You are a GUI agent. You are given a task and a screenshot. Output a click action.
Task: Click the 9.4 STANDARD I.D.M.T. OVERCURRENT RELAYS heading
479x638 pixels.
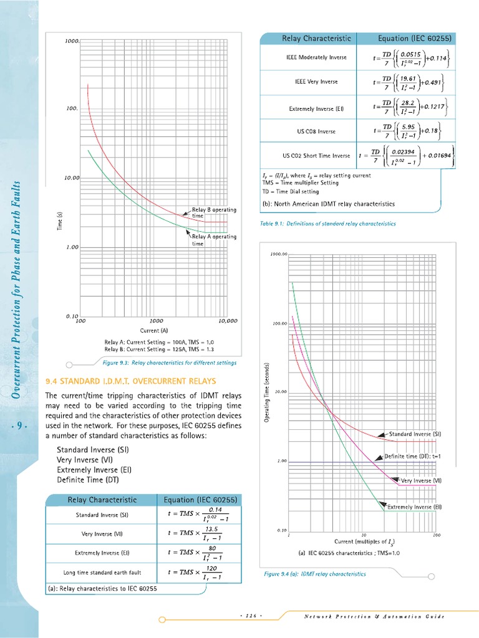(131, 381)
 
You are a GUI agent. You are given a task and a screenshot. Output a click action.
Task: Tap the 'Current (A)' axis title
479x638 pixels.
(154, 330)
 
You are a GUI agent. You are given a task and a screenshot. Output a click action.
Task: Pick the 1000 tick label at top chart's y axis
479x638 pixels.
(71, 42)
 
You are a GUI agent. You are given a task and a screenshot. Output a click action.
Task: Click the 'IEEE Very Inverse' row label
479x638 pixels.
(316, 82)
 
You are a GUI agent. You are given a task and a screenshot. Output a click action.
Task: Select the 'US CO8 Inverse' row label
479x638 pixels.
(316, 131)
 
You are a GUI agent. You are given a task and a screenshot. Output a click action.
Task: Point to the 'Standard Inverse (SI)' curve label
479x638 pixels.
(415, 434)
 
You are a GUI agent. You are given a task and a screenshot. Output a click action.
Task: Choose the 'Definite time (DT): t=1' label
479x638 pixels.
(413, 456)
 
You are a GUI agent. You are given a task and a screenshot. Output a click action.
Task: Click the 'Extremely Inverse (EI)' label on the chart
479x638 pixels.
(414, 507)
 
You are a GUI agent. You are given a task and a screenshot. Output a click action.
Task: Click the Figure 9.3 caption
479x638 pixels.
(168, 362)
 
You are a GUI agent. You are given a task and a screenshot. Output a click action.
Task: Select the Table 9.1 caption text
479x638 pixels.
(327, 223)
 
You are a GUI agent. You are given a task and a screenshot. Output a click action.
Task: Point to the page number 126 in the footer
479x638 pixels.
(251, 616)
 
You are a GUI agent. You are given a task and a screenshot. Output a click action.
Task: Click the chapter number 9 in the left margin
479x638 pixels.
(20, 426)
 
